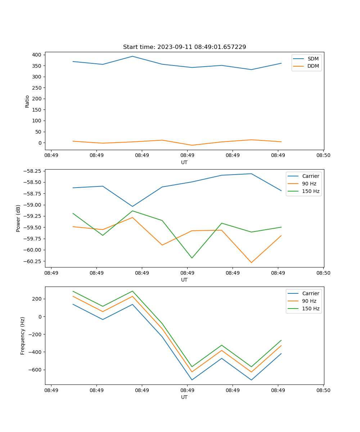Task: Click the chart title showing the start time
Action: pyautogui.click(x=184, y=47)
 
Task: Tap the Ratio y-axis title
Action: pyautogui.click(x=27, y=101)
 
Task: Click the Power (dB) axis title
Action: pyautogui.click(x=18, y=218)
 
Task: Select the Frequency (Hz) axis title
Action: pyautogui.click(x=23, y=336)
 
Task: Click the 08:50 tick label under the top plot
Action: pyautogui.click(x=323, y=156)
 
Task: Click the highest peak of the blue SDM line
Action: pyautogui.click(x=132, y=56)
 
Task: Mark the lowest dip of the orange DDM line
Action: pyautogui.click(x=192, y=145)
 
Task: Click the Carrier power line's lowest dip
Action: pyautogui.click(x=132, y=207)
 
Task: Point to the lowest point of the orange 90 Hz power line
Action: pyautogui.click(x=251, y=263)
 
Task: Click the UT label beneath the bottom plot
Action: pyautogui.click(x=184, y=397)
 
